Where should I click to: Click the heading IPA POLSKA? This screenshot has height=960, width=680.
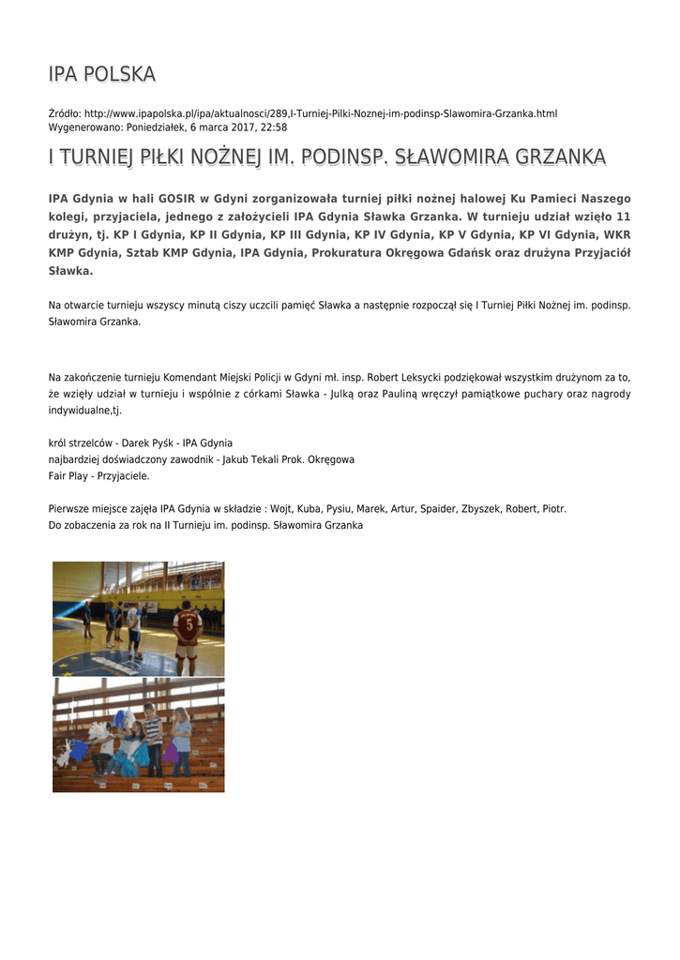[101, 74]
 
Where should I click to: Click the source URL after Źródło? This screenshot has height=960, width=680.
[320, 113]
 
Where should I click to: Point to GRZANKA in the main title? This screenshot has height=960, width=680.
[557, 157]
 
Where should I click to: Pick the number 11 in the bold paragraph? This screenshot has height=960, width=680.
[623, 217]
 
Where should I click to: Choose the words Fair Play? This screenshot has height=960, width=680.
[69, 476]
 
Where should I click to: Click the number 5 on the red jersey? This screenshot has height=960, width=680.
[187, 622]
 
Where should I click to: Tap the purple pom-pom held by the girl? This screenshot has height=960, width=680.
[170, 751]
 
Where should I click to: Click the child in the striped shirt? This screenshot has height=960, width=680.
[153, 736]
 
